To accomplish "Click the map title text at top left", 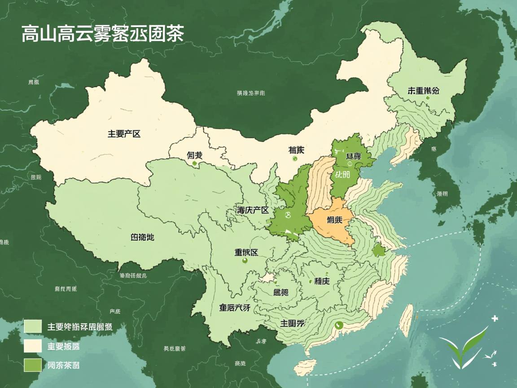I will click(x=102, y=35).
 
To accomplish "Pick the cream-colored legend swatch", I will click(x=33, y=346).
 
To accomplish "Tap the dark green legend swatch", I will click(x=33, y=365).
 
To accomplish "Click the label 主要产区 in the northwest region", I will click(x=124, y=133).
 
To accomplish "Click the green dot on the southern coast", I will click(x=339, y=326).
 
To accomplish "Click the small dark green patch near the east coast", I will click(x=379, y=251).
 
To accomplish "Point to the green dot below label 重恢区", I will click(x=245, y=260).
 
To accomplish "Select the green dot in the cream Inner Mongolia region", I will click(x=294, y=159).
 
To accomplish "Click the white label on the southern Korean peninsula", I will click(x=442, y=194).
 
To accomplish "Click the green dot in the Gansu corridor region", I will click(x=194, y=164).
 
